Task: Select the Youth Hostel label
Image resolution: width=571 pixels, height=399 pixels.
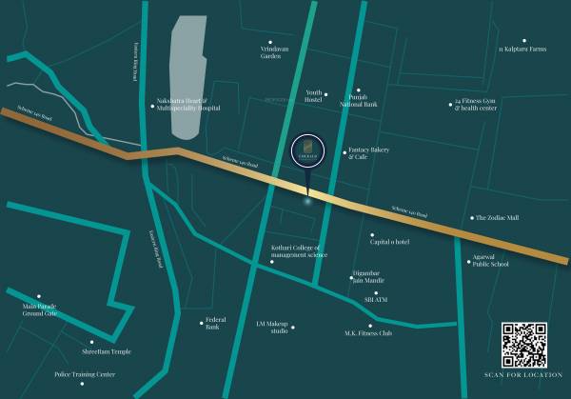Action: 313,96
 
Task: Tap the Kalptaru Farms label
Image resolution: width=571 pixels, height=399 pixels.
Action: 522,49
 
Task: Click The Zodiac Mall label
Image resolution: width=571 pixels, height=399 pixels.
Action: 497,217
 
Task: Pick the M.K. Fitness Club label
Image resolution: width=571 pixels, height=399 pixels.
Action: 367,333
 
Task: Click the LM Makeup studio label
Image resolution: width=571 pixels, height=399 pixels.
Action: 272,328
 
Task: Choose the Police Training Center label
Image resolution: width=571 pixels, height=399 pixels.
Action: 85,374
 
